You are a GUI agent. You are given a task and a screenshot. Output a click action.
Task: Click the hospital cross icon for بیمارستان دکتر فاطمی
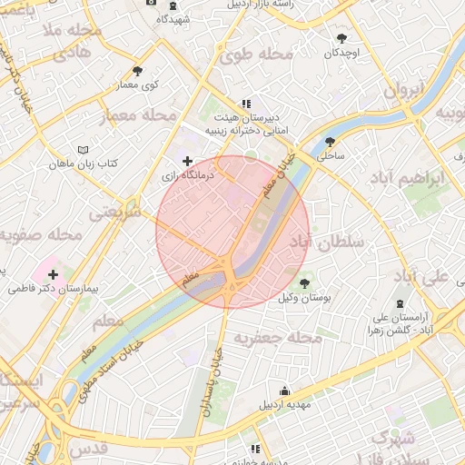click(53, 273)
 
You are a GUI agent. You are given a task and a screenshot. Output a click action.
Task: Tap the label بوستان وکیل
click(304, 298)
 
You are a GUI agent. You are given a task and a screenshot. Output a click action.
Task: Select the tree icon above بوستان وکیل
click(304, 284)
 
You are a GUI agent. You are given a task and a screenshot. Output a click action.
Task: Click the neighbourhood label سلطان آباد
click(326, 242)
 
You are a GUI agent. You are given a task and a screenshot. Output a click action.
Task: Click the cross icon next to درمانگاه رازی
click(188, 161)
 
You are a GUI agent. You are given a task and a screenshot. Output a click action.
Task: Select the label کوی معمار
click(138, 84)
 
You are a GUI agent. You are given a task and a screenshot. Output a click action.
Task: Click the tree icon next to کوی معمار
click(137, 71)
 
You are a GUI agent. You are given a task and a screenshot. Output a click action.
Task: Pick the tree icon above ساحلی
click(329, 142)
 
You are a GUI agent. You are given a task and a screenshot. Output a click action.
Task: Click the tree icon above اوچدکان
click(341, 38)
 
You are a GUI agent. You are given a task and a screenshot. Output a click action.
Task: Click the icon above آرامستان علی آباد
click(401, 305)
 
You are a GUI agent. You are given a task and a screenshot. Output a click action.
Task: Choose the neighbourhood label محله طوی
click(257, 55)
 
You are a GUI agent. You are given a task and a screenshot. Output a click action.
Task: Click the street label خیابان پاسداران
click(218, 372)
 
